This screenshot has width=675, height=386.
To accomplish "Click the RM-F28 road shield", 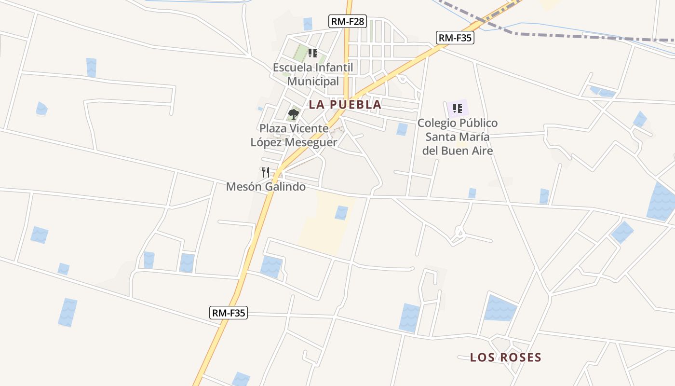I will [348, 21].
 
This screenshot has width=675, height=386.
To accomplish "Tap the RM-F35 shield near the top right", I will [455, 38].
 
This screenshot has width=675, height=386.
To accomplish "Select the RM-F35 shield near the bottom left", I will [229, 313].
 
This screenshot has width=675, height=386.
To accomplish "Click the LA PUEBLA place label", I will [345, 104].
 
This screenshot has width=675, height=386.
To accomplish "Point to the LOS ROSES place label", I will [506, 358].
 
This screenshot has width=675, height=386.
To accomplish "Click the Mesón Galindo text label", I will [266, 186].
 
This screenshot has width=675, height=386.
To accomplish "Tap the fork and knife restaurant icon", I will [265, 172].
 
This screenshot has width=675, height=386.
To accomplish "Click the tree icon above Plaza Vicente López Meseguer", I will [293, 114].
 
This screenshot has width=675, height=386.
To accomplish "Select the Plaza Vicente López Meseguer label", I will [294, 136].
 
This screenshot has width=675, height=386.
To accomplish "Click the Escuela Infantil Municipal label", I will [313, 74].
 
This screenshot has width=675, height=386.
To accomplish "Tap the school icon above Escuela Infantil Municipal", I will [312, 53].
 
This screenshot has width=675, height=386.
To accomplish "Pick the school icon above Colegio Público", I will [457, 108].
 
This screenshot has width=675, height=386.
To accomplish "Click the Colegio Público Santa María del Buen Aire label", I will [458, 137].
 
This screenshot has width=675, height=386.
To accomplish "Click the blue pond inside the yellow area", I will [341, 212].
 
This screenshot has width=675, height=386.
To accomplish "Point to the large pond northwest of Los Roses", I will [500, 308].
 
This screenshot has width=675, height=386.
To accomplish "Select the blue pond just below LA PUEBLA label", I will [402, 129].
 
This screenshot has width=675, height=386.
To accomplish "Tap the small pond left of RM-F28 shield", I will [308, 23].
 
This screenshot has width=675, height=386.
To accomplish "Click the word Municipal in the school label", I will [313, 81].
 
